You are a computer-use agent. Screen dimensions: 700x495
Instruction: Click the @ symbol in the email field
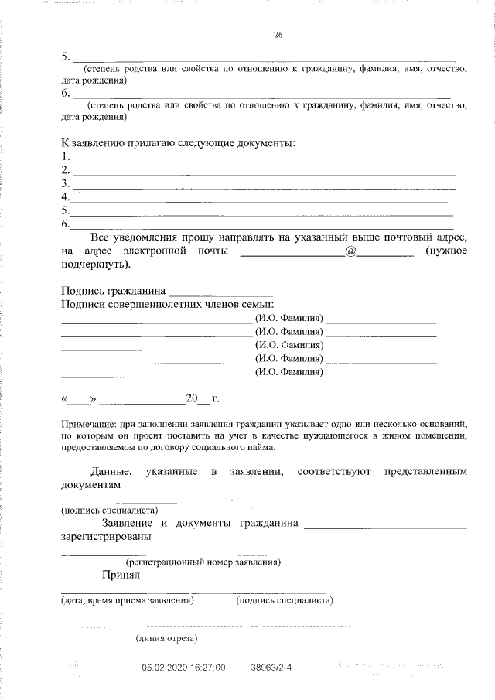pyautogui.click(x=350, y=251)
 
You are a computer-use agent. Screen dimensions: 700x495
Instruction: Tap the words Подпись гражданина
pyautogui.click(x=113, y=292)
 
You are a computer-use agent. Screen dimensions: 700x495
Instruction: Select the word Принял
pyautogui.click(x=119, y=575)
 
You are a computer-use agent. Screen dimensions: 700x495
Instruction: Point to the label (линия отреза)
pyautogui.click(x=166, y=638)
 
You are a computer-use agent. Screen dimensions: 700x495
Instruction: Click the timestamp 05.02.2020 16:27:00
pyautogui.click(x=183, y=667)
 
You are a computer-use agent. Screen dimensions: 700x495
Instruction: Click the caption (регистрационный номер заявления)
pyautogui.click(x=203, y=562)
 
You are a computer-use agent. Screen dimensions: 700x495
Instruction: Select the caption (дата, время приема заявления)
pyautogui.click(x=127, y=599)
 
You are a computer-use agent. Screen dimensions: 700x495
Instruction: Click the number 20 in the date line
pyautogui.click(x=193, y=399)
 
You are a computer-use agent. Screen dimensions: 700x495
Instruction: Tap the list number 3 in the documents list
pyautogui.click(x=65, y=183)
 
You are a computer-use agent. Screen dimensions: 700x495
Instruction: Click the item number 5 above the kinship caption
pyautogui.click(x=65, y=56)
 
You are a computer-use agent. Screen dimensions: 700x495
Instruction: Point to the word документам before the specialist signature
pyautogui.click(x=91, y=483)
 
